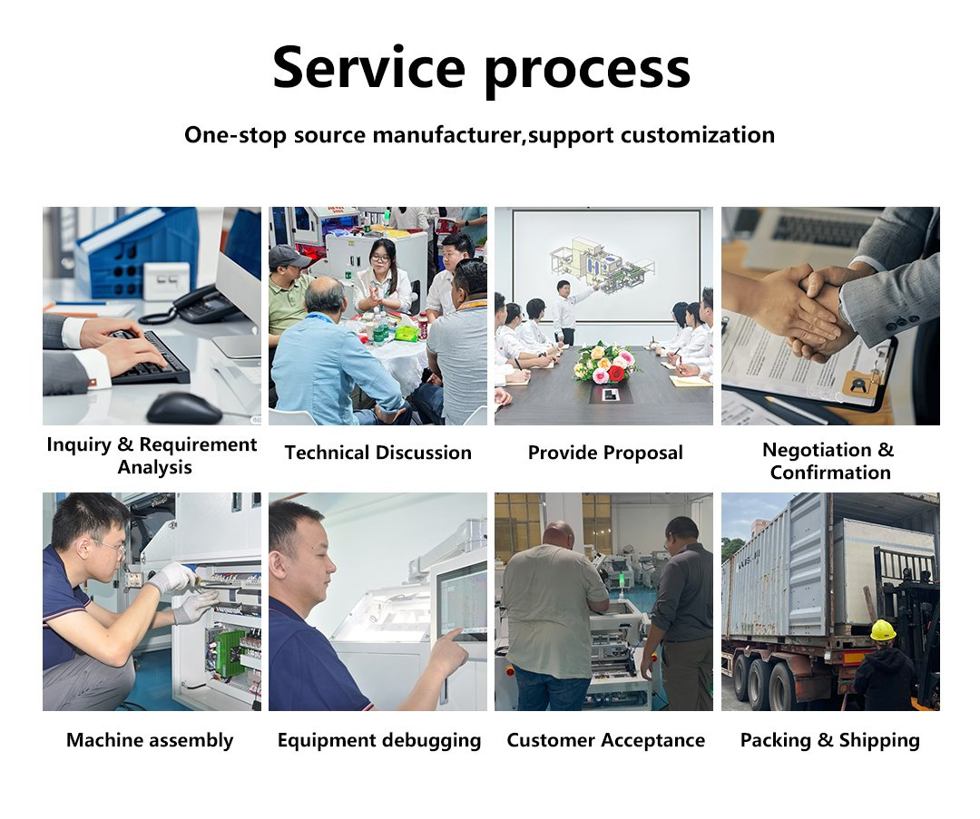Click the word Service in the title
tap(368, 67)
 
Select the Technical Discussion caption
tap(378, 453)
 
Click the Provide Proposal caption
tap(605, 453)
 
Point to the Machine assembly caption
tap(150, 740)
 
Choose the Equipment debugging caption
tap(379, 740)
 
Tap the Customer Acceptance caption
tap(605, 740)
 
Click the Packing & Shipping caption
tap(830, 740)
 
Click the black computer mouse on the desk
tap(184, 408)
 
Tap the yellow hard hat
tap(883, 629)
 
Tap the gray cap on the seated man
tap(288, 256)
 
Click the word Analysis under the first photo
tap(154, 467)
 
